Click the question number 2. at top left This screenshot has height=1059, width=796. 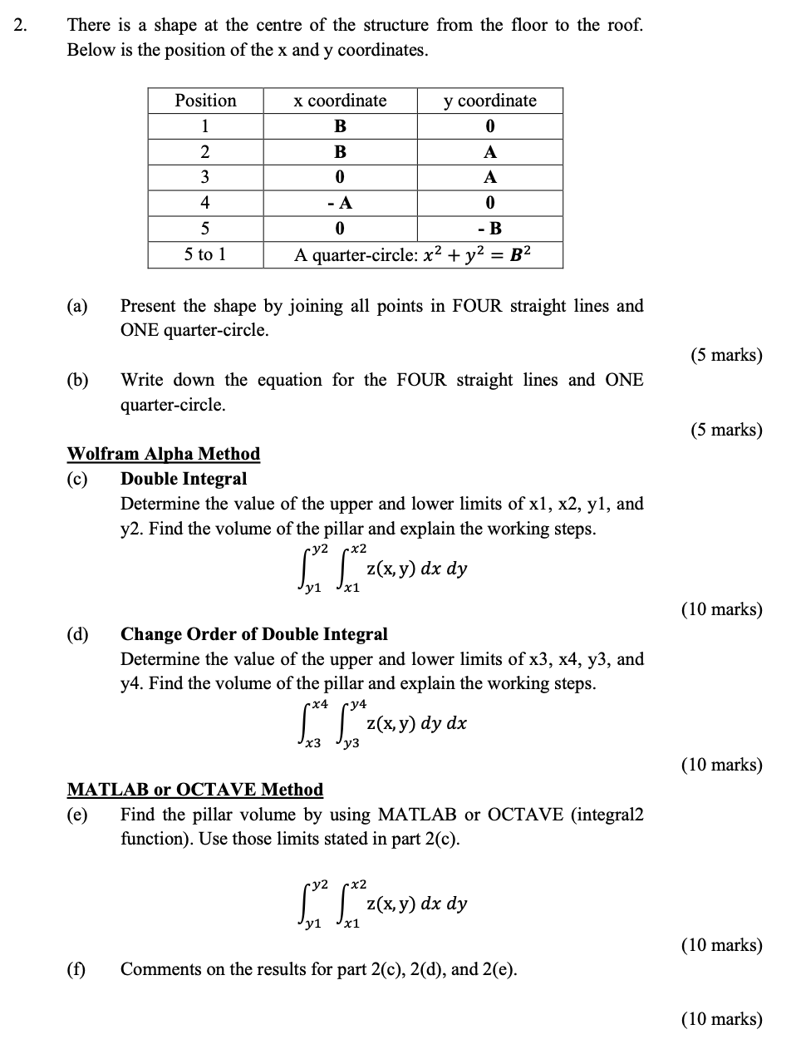tap(21, 26)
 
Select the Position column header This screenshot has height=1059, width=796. tap(205, 101)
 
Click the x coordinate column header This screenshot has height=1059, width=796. tap(340, 101)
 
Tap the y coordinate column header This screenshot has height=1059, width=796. tap(489, 101)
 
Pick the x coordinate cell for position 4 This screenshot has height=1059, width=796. tap(340, 203)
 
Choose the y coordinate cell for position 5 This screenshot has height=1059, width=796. tap(489, 229)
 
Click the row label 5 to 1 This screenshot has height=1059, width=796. tap(205, 254)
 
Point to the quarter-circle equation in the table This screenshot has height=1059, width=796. tap(413, 254)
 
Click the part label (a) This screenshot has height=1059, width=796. tap(77, 306)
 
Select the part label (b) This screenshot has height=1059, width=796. tap(77, 381)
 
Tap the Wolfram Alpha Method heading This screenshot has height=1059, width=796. tap(163, 454)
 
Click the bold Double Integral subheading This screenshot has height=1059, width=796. tap(184, 479)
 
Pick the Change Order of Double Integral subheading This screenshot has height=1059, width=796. tap(254, 634)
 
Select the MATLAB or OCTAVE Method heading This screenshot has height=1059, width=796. tap(194, 790)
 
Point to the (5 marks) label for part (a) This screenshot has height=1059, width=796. tap(725, 356)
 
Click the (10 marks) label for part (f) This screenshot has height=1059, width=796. tap(721, 1019)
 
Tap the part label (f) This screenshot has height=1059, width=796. tap(76, 969)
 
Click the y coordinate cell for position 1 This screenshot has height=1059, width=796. tap(489, 126)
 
